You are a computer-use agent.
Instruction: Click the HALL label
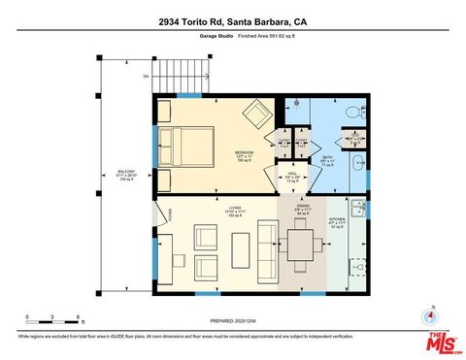[x=291, y=177]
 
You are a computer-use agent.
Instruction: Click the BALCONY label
[x=126, y=174]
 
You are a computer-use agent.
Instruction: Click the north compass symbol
[x=428, y=316]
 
